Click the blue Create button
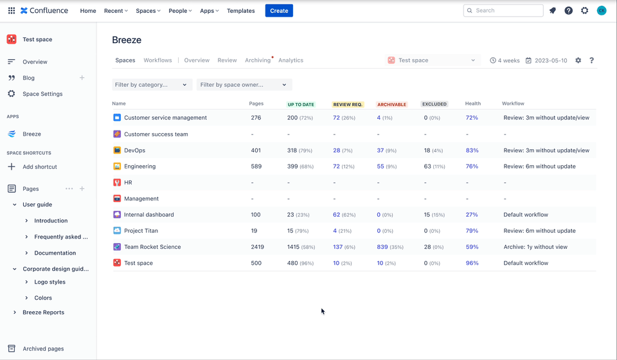(279, 10)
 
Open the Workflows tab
(157, 60)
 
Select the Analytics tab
(291, 60)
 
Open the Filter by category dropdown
(152, 85)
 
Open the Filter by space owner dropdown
(244, 85)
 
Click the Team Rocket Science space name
(152, 247)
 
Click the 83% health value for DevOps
(472, 150)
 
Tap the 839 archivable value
(382, 247)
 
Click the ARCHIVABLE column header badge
(391, 104)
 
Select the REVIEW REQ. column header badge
(348, 104)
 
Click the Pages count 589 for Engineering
(256, 166)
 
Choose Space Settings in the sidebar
(42, 94)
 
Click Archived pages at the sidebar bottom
(43, 349)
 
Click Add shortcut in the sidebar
(40, 166)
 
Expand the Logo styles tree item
(26, 282)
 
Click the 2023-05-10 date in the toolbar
(550, 60)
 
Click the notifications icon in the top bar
(553, 10)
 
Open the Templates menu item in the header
(240, 11)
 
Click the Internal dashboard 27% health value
(472, 215)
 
